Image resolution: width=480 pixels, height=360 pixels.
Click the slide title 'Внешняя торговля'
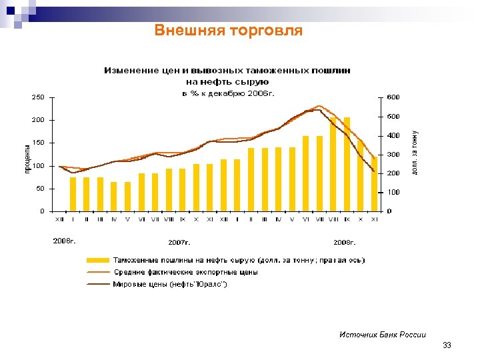(228, 31)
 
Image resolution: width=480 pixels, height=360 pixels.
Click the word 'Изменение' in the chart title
(130, 70)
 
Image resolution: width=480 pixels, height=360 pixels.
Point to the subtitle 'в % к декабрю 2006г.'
(228, 93)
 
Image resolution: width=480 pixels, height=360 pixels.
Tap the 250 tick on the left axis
(39, 97)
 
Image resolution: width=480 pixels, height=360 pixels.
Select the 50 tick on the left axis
(41, 189)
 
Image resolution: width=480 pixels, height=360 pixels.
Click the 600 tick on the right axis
(393, 97)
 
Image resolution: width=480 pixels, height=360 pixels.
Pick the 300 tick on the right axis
(393, 155)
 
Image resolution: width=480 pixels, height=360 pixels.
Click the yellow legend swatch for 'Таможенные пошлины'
(98, 260)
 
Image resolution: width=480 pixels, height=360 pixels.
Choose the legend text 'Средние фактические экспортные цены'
(185, 272)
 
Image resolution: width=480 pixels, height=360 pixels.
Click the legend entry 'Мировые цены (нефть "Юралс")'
(171, 285)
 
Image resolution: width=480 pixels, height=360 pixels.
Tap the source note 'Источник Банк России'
(383, 335)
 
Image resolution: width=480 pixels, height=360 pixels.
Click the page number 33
(447, 345)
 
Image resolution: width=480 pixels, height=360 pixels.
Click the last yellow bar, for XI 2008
(374, 184)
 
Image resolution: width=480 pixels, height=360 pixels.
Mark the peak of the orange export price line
(319, 106)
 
